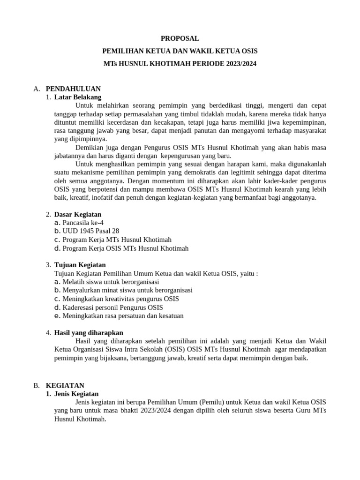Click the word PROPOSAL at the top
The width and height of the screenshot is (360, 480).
pyautogui.click(x=180, y=38)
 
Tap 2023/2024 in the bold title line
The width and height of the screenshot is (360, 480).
pyautogui.click(x=240, y=63)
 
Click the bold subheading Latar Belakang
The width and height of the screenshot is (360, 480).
pyautogui.click(x=77, y=97)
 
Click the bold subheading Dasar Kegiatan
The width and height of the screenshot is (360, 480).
pyautogui.click(x=77, y=214)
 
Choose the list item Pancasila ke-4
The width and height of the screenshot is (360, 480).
pyautogui.click(x=83, y=223)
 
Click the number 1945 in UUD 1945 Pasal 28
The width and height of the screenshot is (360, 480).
pyautogui.click(x=87, y=231)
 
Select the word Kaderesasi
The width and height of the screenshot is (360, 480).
pyautogui.click(x=78, y=307)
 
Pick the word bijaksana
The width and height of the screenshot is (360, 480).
pyautogui.click(x=112, y=358)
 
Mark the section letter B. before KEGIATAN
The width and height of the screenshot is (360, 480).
pyautogui.click(x=37, y=385)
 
